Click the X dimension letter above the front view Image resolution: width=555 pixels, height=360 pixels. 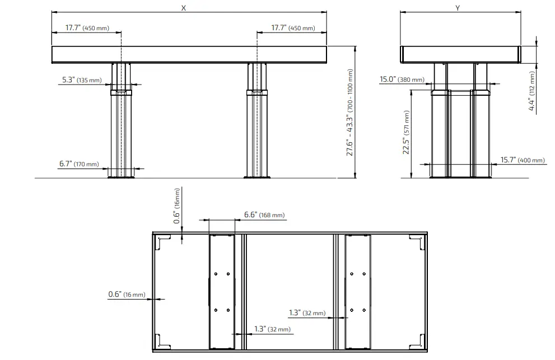pos(183,8)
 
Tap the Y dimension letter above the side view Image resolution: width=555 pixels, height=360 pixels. pos(458,8)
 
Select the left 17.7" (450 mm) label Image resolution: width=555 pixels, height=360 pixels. pos(87,27)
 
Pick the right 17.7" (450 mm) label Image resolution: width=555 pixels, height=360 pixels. pos(293,27)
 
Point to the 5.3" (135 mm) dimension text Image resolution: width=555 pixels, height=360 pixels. pos(82,80)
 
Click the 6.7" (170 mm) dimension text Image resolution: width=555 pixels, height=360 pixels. pos(78,164)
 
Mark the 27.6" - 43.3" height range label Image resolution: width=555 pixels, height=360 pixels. pos(350,113)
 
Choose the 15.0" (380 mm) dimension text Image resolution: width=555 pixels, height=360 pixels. pos(402,80)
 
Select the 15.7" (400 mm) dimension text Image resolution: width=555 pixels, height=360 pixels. pos(522,160)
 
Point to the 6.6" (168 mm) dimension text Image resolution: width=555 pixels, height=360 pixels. pos(264,215)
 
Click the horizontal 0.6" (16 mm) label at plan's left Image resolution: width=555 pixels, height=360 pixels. pos(127,294)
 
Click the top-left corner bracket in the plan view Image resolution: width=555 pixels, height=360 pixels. pos(163,242)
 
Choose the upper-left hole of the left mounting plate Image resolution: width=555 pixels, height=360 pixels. pos(216,274)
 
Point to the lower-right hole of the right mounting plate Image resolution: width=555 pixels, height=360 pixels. pos(364,310)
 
